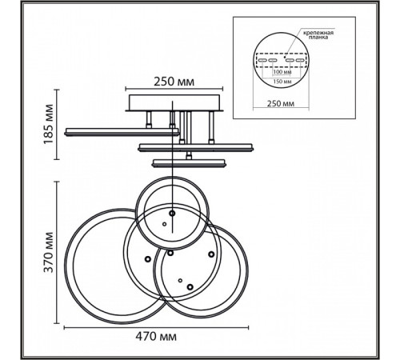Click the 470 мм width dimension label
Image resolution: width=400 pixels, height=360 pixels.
pos(156,337)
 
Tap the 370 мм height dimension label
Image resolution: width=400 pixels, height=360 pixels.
pos(49,253)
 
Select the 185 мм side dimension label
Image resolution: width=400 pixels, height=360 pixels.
pos(49,124)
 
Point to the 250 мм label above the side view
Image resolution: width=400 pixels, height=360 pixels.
pos(174,82)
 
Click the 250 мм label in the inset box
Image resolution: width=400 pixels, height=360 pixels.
pos(281,103)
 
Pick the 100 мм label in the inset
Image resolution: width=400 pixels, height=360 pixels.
pos(282,72)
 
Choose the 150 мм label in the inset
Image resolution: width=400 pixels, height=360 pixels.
pos(282,82)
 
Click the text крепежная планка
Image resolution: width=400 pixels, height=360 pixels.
pos(318,35)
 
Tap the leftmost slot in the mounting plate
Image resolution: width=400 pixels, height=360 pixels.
pos(262,60)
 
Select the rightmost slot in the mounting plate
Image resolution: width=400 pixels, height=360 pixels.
pos(300,60)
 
